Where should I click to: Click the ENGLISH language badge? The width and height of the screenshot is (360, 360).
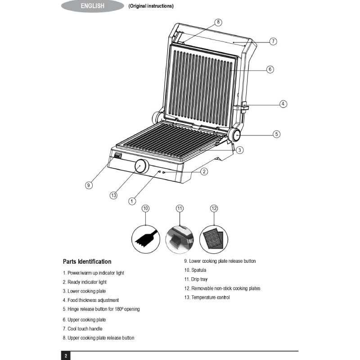[x=92, y=6]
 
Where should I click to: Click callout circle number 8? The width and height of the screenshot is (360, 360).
[x=218, y=22]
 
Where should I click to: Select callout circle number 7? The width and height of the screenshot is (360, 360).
[x=273, y=41]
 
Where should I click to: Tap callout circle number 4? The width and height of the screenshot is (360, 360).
[x=283, y=104]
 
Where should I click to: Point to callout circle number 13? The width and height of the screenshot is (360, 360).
[x=113, y=195]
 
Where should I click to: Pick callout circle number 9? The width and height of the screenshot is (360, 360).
[x=90, y=185]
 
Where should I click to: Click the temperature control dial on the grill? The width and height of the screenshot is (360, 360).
[x=140, y=166]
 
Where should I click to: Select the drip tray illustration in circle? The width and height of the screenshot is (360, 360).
[x=180, y=239]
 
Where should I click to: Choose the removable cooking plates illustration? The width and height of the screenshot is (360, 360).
[x=214, y=239]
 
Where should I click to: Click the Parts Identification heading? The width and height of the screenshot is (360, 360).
[x=87, y=261]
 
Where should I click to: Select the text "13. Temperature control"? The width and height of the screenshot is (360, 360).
[x=207, y=297]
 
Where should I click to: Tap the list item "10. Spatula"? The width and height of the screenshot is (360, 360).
[x=195, y=270]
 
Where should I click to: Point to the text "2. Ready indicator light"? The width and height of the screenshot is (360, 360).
[x=85, y=282]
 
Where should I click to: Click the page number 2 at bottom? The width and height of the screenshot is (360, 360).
[x=66, y=356]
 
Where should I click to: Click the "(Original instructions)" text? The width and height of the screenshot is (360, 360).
[x=151, y=6]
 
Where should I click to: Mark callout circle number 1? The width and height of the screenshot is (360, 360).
[x=132, y=201]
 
